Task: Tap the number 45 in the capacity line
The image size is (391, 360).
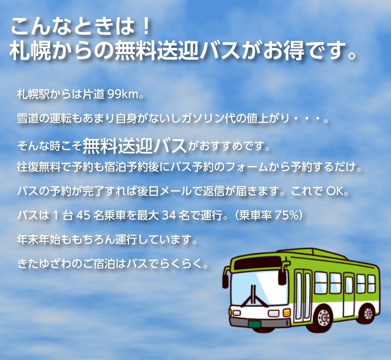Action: [83, 215]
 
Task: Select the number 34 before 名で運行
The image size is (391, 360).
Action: [169, 215]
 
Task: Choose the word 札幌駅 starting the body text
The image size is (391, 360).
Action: [33, 94]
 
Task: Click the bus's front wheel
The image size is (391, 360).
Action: [325, 318]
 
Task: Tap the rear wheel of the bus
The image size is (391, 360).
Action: [369, 313]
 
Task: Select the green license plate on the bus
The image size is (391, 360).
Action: [255, 324]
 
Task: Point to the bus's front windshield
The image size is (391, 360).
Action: [259, 289]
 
